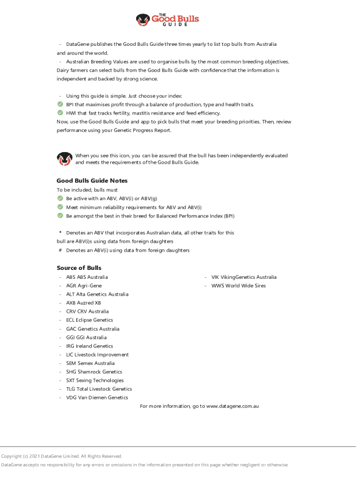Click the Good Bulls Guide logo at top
(168, 20)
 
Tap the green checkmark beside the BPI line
(60, 104)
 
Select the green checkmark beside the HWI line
(60, 113)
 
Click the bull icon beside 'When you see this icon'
(64, 159)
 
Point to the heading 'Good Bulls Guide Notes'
(92, 181)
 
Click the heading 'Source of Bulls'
(79, 268)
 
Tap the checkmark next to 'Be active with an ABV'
(60, 198)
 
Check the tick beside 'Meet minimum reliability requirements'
(60, 207)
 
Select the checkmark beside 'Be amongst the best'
(60, 216)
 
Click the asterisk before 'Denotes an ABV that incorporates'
(60, 232)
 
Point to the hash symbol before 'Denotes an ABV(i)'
(60, 250)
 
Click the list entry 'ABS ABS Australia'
(87, 277)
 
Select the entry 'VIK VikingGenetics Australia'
(244, 277)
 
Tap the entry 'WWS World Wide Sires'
(238, 285)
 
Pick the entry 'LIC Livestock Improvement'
(97, 355)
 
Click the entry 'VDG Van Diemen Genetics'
(97, 398)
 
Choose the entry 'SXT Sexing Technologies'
(95, 380)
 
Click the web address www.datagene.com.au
(232, 406)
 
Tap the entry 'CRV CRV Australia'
(87, 312)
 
